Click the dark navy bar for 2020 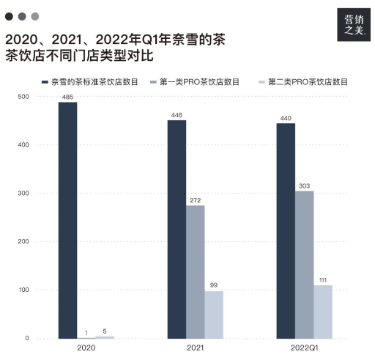click(x=67, y=220)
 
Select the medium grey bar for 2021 click(x=196, y=272)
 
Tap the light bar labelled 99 click(x=214, y=315)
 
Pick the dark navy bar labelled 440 click(x=286, y=231)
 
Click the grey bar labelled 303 click(x=304, y=265)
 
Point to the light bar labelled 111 click(x=323, y=312)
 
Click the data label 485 click(x=67, y=97)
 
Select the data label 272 click(x=196, y=200)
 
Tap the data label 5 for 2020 click(x=105, y=331)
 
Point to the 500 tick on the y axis click(x=23, y=97)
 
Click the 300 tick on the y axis click(x=23, y=193)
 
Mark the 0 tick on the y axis click(x=27, y=338)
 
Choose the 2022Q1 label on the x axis click(x=304, y=348)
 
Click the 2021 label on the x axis click(x=196, y=348)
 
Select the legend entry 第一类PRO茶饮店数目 click(x=195, y=82)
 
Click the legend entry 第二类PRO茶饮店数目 click(x=303, y=82)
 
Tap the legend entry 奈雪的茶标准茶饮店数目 click(x=90, y=82)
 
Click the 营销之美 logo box click(x=354, y=25)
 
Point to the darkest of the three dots click(x=9, y=17)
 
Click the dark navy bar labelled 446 click(x=177, y=229)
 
